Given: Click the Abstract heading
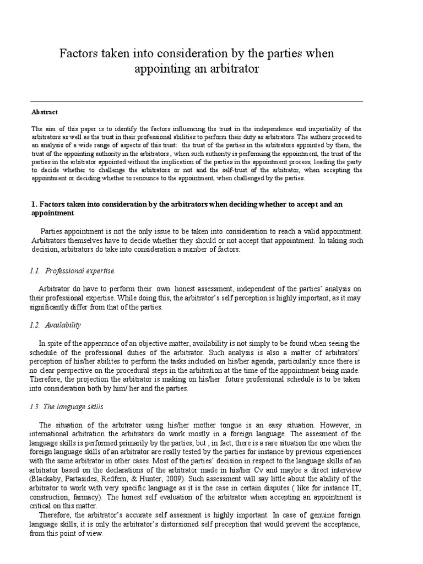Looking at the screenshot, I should [45, 112].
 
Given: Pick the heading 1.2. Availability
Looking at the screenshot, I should [56, 325].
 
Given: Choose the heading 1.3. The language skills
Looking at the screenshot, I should [67, 407].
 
